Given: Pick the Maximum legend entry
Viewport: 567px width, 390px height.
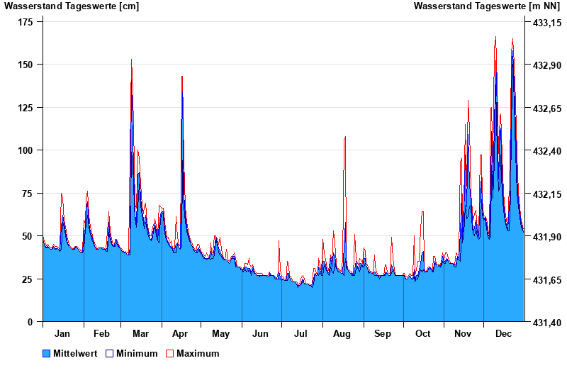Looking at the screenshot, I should [197, 353].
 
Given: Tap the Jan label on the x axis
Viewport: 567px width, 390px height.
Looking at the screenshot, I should [62, 333].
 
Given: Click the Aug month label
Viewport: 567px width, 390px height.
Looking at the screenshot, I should [342, 333].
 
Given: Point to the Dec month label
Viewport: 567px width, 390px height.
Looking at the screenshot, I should [504, 333].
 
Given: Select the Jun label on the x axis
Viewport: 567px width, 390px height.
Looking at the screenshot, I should [261, 333].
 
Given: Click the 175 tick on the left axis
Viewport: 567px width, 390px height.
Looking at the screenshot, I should [26, 22].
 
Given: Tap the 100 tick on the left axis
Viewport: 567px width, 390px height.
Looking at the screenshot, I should [26, 150].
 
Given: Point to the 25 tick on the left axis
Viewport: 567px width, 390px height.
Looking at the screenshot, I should [28, 279].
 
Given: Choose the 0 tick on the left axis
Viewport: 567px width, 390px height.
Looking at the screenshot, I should [30, 322].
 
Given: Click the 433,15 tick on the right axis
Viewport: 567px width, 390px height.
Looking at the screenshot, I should [546, 23].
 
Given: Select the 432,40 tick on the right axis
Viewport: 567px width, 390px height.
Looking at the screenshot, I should [546, 151].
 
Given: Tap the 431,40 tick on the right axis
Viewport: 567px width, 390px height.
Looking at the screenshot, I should [546, 323].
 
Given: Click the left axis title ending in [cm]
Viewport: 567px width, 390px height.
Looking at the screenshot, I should [72, 6].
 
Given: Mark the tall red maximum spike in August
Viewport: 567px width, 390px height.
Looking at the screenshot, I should [345, 138].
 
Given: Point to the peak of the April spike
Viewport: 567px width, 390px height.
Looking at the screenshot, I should [182, 77].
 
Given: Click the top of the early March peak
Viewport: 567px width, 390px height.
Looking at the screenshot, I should [131, 60].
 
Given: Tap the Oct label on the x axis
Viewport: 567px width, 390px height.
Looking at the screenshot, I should [423, 333].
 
